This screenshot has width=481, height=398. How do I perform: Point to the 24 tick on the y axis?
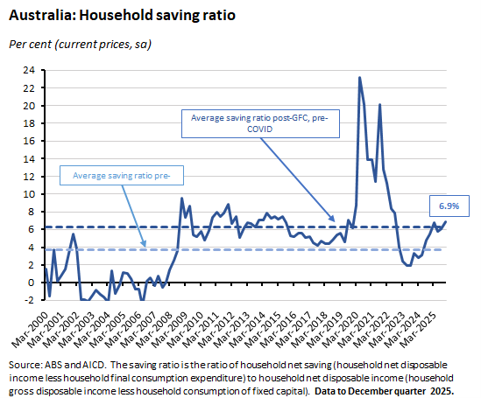29,70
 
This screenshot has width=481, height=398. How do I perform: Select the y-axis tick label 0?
32,283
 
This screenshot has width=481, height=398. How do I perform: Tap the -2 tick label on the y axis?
29,300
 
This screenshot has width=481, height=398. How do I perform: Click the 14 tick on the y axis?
29,159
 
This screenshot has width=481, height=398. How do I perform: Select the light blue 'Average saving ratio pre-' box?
127,176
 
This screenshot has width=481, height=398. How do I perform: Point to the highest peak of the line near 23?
359,77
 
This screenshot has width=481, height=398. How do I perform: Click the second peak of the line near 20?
379,104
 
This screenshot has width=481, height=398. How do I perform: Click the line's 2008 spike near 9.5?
181,199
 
